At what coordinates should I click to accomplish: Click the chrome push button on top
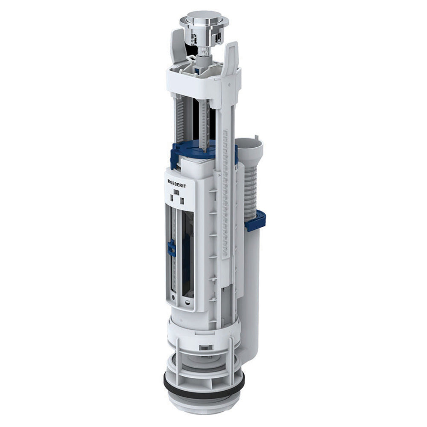tap(198, 20)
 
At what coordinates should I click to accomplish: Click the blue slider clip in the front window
tap(172, 248)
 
